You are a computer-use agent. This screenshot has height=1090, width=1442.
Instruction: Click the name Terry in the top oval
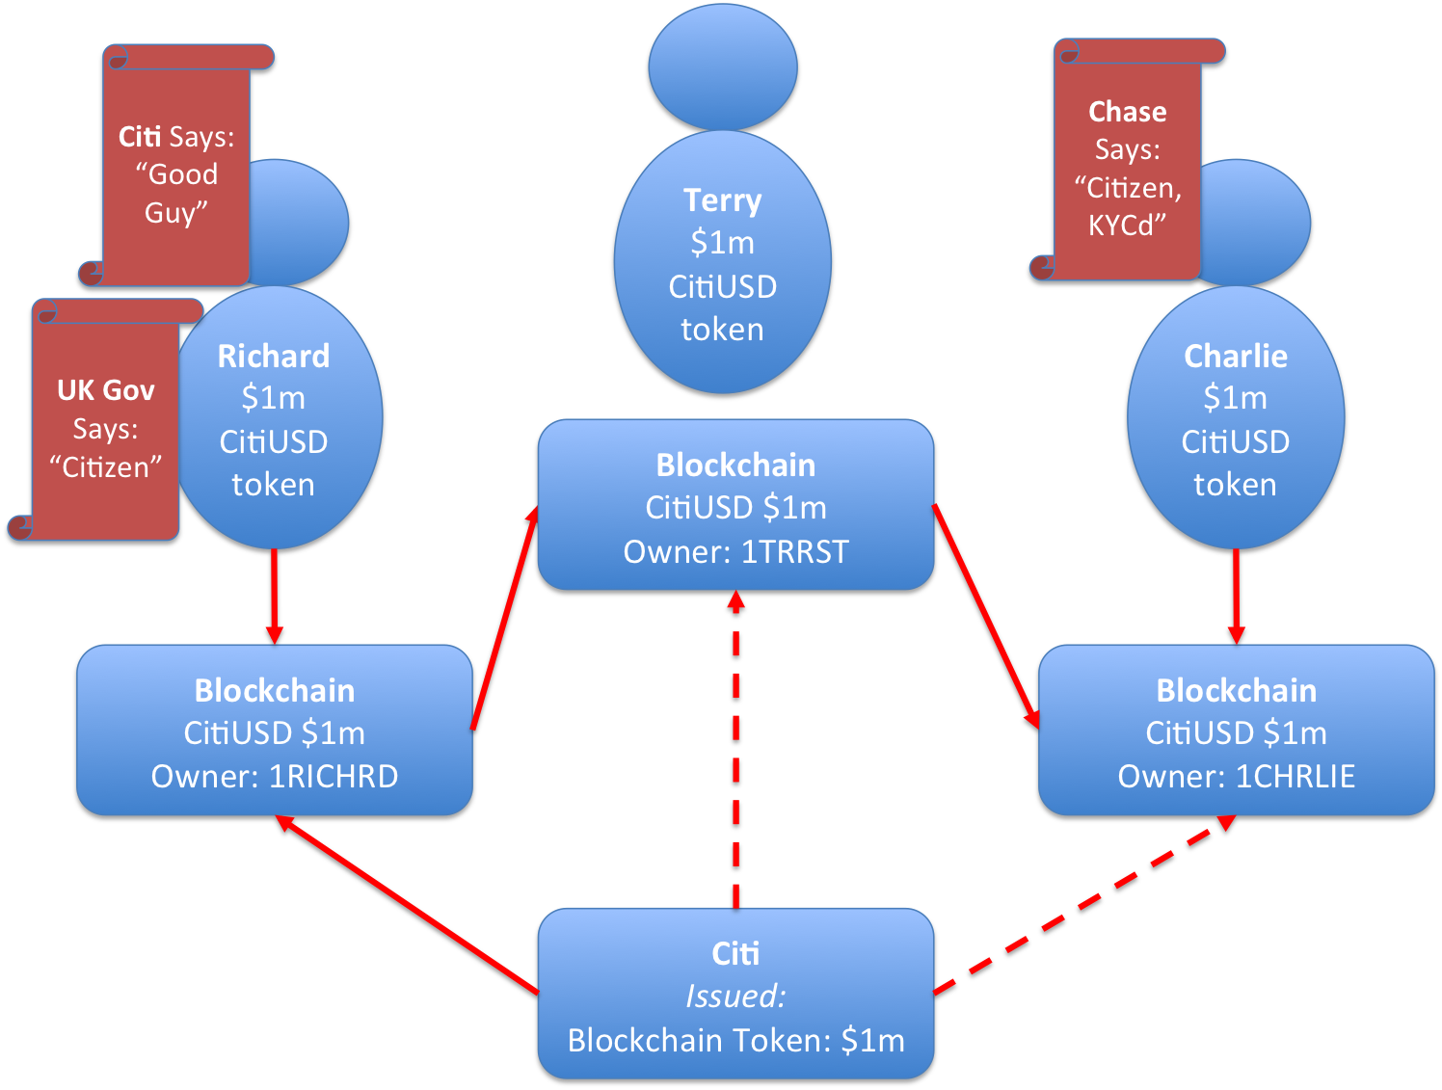click(x=722, y=200)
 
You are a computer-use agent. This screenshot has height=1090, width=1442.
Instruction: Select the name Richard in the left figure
click(x=274, y=357)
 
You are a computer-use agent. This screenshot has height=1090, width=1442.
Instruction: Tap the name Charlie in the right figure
click(x=1236, y=357)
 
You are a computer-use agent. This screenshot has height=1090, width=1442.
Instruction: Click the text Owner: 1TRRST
click(x=735, y=552)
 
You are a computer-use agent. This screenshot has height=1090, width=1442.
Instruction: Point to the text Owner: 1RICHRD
click(x=275, y=777)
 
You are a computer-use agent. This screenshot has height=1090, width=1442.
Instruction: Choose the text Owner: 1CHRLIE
click(x=1237, y=777)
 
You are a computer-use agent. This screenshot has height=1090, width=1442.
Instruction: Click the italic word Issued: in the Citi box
click(x=735, y=997)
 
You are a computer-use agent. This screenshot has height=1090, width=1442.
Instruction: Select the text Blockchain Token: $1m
click(x=735, y=1041)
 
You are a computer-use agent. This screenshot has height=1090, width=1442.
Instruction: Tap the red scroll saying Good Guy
click(x=176, y=173)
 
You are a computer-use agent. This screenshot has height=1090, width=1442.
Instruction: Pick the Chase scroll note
click(x=1127, y=169)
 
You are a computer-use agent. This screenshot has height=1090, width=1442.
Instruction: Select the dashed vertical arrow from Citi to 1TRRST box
click(x=736, y=752)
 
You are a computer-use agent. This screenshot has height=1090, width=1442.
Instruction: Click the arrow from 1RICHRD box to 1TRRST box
click(x=504, y=618)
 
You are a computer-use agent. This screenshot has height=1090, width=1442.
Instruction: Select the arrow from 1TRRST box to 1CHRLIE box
click(x=985, y=615)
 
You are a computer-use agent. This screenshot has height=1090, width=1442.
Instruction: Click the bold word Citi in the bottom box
click(x=735, y=954)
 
